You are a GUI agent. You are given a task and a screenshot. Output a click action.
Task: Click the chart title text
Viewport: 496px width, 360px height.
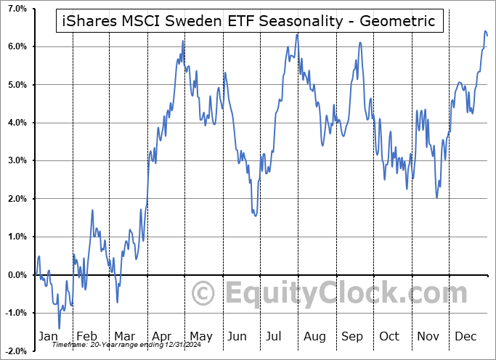248,21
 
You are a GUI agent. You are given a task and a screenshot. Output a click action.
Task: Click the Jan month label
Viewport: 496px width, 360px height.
47,336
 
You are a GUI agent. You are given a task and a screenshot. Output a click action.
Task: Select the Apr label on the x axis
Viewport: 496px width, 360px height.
161,336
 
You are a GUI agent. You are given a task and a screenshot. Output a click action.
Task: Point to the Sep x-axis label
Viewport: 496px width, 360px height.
352,336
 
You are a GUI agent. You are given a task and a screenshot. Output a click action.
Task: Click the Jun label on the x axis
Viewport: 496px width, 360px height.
237,336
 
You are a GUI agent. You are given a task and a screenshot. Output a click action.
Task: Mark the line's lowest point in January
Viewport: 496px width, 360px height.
60,328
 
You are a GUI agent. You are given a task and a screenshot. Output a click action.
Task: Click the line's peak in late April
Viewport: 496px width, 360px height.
183,41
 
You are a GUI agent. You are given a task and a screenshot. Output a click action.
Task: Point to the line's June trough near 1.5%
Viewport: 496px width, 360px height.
256,216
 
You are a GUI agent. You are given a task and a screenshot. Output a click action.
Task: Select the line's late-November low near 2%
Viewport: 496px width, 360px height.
436,197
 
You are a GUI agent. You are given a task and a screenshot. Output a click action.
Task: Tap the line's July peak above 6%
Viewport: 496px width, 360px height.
297,34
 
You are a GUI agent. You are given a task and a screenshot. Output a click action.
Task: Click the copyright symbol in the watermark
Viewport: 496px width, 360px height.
204,293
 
